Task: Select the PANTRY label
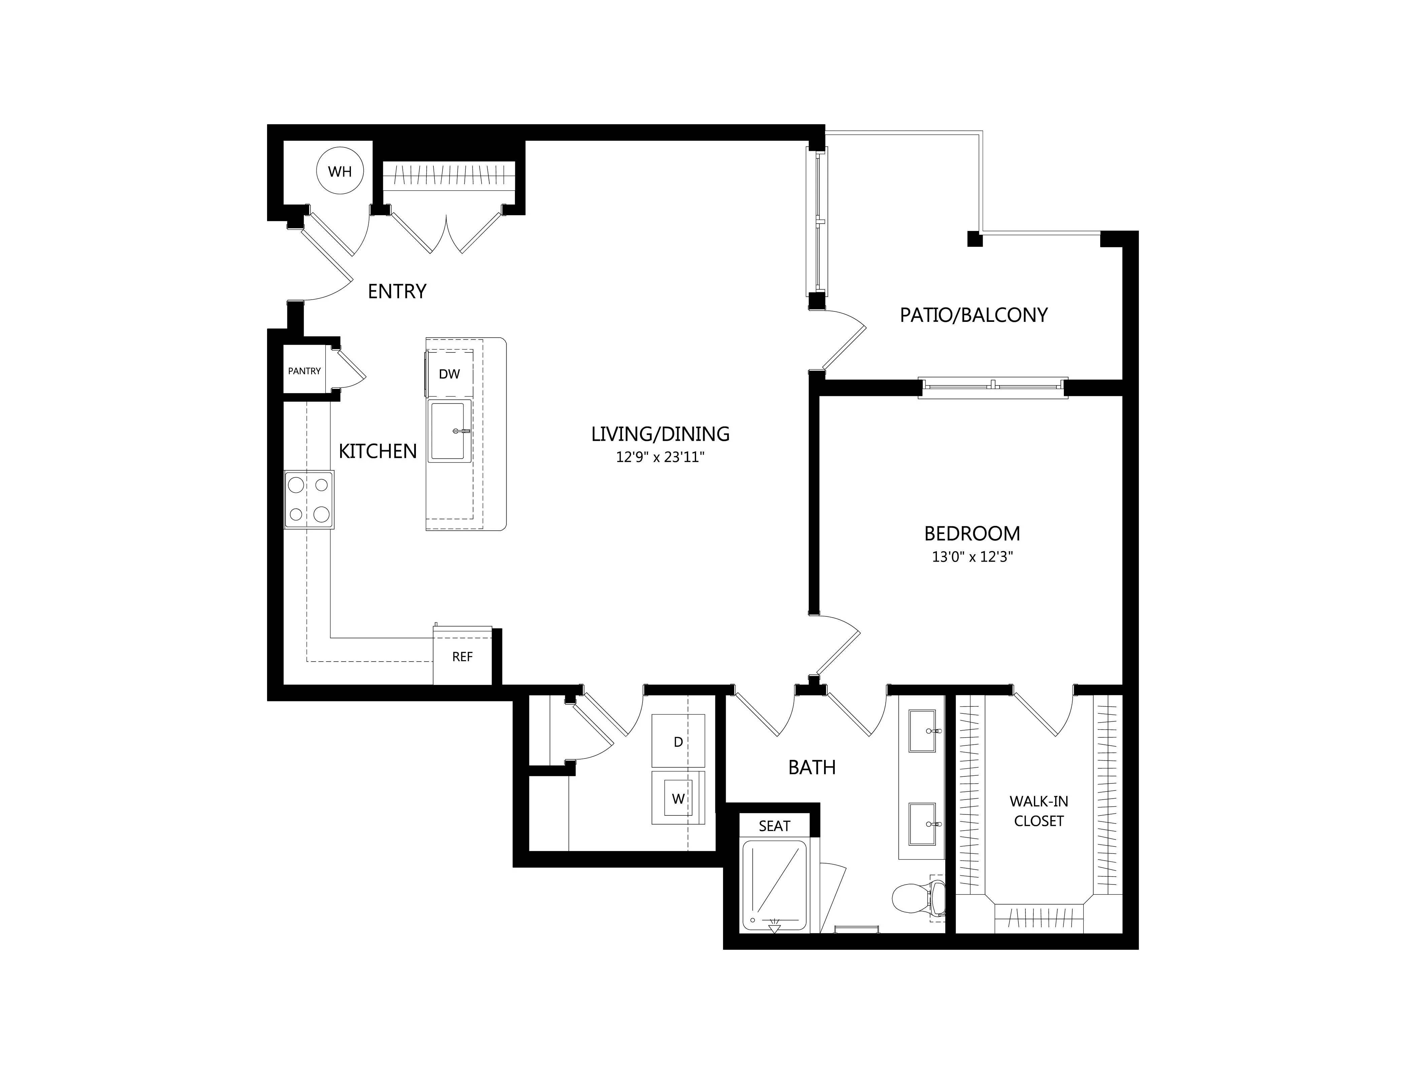pyautogui.click(x=304, y=371)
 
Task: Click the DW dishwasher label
pyautogui.click(x=450, y=374)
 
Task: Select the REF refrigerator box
pyautogui.click(x=462, y=656)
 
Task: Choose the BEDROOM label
pyautogui.click(x=972, y=533)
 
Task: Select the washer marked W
pyautogui.click(x=678, y=798)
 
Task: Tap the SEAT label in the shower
pyautogui.click(x=774, y=826)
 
